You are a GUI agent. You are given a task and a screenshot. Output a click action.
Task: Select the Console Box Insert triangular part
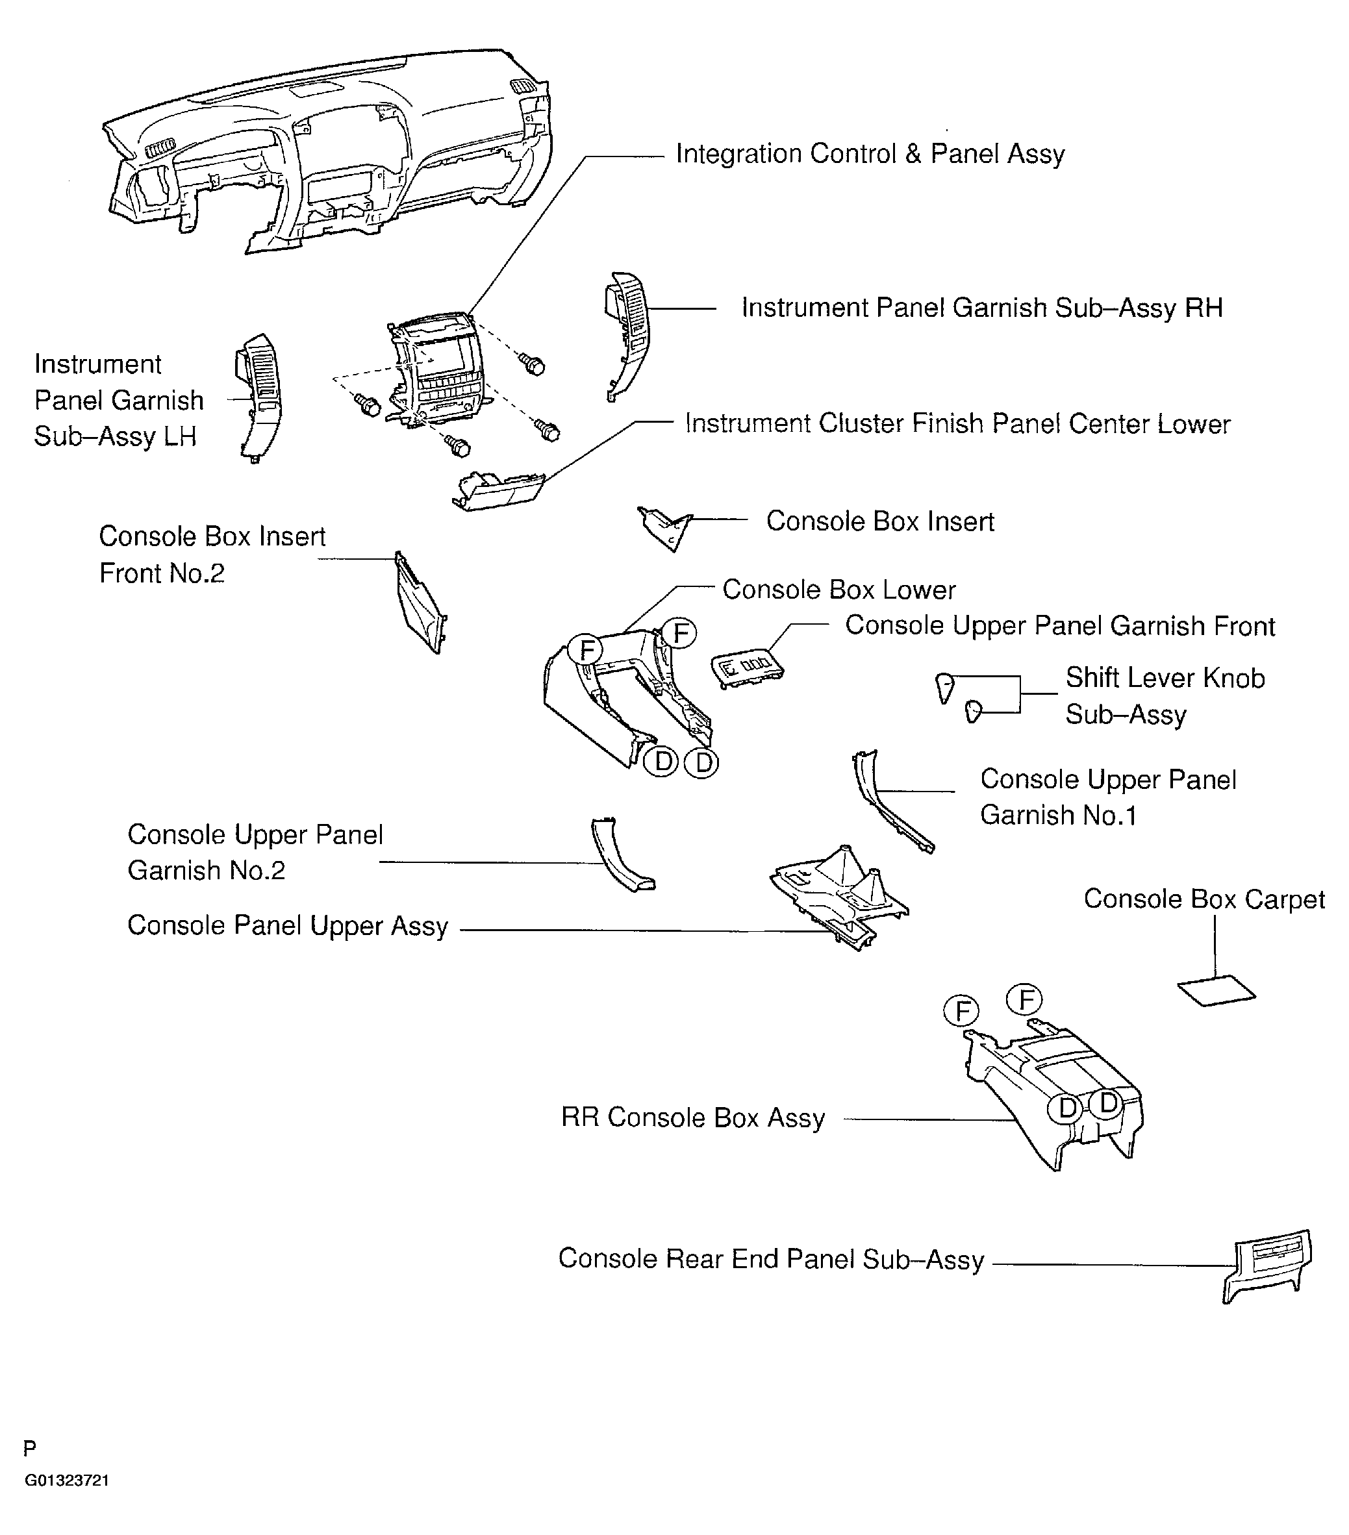[x=664, y=528]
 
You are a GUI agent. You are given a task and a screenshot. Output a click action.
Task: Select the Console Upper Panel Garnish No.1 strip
[x=889, y=805]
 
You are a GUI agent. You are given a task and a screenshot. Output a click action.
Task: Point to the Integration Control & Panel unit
[x=433, y=371]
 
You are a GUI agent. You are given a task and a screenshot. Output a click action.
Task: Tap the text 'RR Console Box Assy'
[x=692, y=1117]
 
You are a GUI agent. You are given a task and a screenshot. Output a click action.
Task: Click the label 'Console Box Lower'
[x=838, y=590]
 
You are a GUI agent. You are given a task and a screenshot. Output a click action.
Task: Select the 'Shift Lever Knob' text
[x=1165, y=677]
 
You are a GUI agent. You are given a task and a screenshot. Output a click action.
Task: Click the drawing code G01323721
[x=67, y=1480]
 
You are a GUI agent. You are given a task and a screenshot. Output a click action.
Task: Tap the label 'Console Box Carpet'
[x=1204, y=899]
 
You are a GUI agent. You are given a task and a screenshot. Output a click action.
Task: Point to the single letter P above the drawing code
[x=30, y=1448]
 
